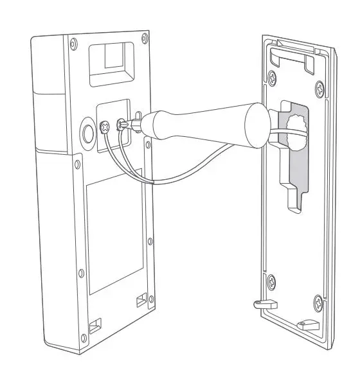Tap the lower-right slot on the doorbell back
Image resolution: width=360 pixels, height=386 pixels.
tap(141, 299)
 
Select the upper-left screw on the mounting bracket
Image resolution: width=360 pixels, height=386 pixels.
tap(273, 78)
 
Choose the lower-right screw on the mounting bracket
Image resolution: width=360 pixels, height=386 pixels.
tap(317, 300)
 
